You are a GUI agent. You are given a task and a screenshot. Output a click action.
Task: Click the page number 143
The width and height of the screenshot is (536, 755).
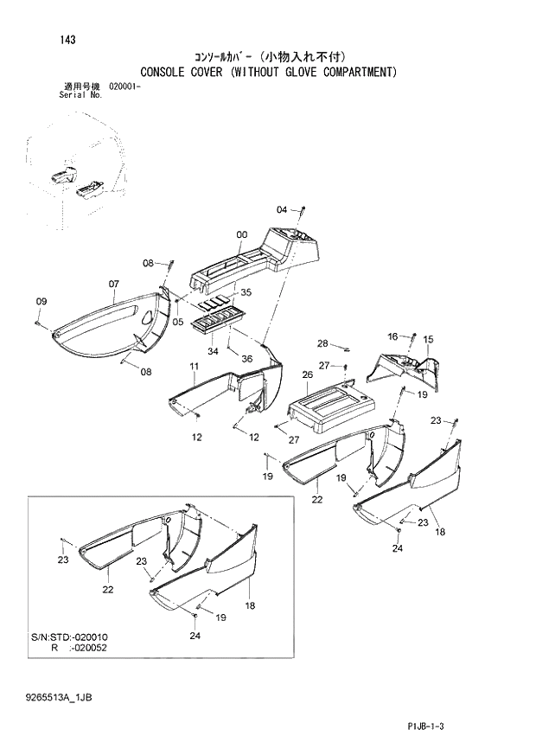67,40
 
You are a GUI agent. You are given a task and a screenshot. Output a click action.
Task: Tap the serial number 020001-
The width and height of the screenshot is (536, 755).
125,87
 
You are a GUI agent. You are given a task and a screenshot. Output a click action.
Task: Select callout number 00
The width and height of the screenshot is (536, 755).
242,234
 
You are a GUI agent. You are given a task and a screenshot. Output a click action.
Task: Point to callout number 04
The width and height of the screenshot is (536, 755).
282,210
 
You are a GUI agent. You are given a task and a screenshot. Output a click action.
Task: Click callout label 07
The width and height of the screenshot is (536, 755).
113,283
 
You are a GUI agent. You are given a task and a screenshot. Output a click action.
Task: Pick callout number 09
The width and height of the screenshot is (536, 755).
41,300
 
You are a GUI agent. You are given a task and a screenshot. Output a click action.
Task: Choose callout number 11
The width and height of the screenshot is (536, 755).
195,367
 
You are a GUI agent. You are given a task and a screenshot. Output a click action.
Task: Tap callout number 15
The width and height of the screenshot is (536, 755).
429,339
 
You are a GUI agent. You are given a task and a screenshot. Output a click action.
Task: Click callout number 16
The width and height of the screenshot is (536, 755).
392,336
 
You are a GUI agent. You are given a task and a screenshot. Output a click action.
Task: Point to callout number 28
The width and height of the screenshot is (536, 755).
322,342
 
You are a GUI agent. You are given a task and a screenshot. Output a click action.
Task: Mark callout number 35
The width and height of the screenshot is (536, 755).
245,292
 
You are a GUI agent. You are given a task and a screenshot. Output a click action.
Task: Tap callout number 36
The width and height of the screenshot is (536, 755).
247,359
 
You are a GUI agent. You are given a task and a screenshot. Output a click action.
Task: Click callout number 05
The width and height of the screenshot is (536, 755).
178,323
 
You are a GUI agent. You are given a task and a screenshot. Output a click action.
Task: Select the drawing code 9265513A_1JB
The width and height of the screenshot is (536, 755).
58,697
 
